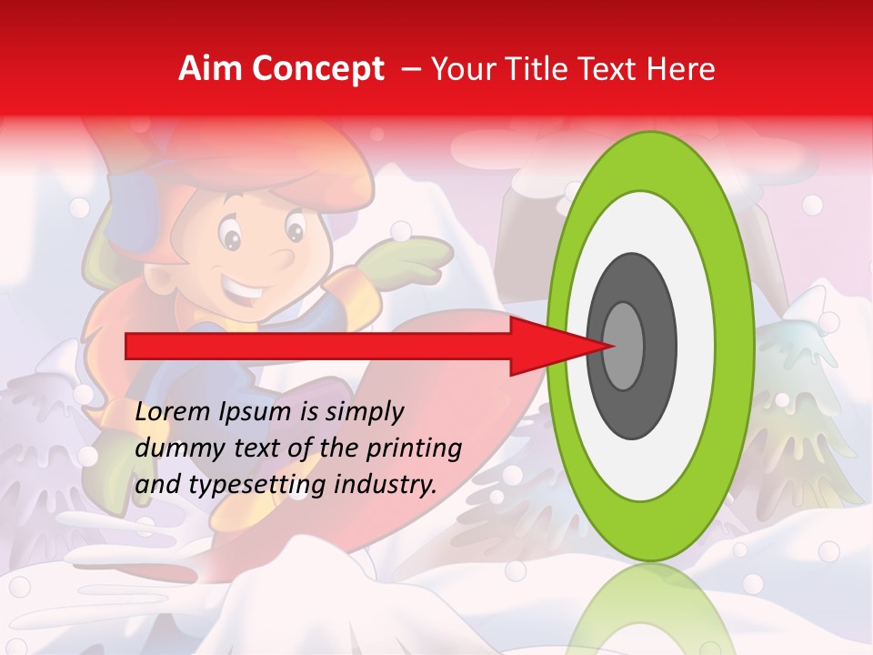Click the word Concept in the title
click(317, 69)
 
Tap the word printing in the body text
click(417, 448)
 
